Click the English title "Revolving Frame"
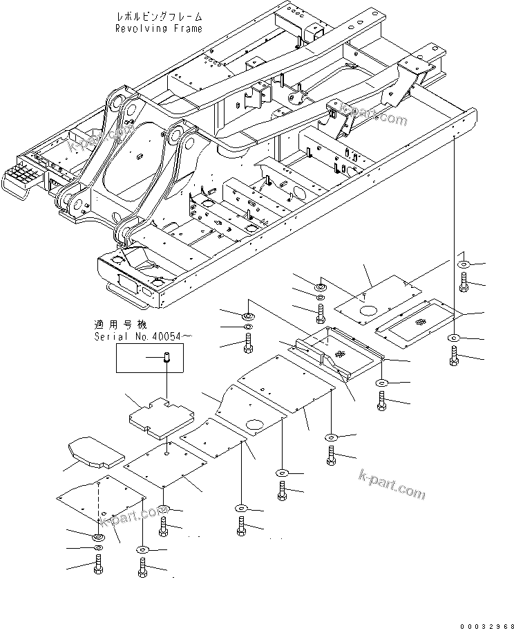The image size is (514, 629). (159, 28)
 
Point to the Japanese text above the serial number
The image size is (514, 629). (122, 324)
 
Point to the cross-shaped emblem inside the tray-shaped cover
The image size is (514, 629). (339, 354)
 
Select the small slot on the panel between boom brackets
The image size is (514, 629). (142, 156)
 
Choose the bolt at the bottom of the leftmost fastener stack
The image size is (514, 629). (97, 567)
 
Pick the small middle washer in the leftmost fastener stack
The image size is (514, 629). (97, 549)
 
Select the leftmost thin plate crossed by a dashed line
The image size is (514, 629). (102, 501)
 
